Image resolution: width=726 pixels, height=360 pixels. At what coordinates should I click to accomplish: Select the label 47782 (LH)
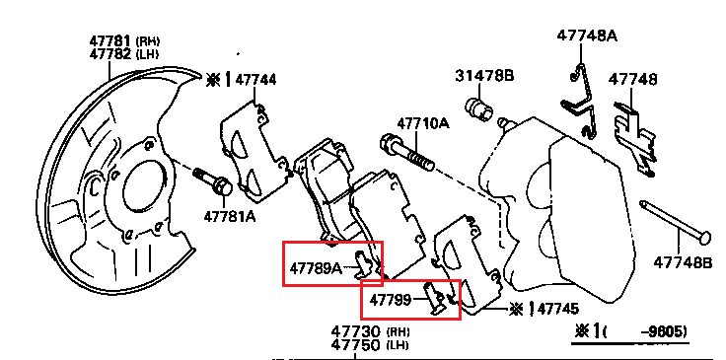click(x=124, y=54)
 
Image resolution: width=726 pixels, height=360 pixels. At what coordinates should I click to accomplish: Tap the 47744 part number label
click(x=255, y=80)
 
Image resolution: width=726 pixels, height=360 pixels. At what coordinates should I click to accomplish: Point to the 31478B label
click(x=484, y=75)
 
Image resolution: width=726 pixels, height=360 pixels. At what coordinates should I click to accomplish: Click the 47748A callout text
click(x=587, y=36)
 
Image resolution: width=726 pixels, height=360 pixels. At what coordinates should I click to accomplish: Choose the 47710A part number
click(x=423, y=123)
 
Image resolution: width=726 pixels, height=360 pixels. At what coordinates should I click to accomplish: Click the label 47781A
click(x=230, y=216)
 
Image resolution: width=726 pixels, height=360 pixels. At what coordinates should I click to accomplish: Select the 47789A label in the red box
click(x=316, y=268)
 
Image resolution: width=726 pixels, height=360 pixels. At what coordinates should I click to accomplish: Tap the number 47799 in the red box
click(x=390, y=300)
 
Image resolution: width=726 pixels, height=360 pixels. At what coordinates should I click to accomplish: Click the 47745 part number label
click(x=558, y=309)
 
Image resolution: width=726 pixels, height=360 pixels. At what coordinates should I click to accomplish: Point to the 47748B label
click(x=683, y=262)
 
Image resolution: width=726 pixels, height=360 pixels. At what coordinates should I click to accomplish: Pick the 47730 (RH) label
click(x=370, y=331)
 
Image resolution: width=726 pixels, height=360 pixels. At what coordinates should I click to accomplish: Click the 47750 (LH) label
click(x=370, y=345)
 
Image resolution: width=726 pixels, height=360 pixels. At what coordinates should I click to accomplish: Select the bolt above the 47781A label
click(x=213, y=180)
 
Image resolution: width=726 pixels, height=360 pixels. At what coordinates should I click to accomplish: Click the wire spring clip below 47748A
click(x=579, y=107)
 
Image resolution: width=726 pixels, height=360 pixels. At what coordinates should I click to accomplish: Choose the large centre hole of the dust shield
click(x=145, y=183)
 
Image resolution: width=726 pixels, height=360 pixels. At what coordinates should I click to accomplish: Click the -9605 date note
click(x=663, y=331)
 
